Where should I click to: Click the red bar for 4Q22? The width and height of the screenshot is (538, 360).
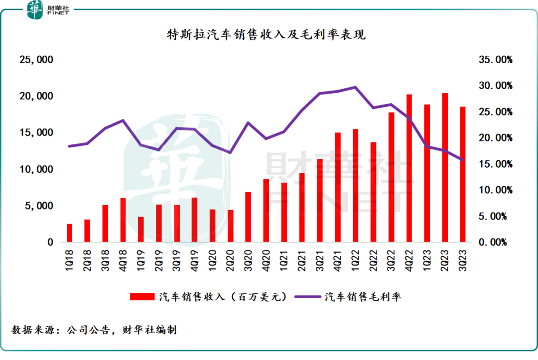[x=409, y=168]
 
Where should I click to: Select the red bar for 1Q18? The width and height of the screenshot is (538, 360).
[x=69, y=233]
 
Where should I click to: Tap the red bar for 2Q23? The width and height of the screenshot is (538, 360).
[x=445, y=168]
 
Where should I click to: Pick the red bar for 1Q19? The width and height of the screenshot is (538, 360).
[x=140, y=230]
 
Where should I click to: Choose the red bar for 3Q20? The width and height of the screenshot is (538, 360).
[x=248, y=217]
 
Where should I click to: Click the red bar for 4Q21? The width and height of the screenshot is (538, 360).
[x=338, y=187]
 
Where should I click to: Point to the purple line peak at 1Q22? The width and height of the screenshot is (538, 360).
[x=356, y=87]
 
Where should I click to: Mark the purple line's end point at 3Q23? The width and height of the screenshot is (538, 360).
[x=462, y=160]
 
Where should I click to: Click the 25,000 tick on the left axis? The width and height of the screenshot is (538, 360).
[x=36, y=60]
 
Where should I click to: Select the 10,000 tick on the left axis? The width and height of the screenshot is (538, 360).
[x=36, y=169]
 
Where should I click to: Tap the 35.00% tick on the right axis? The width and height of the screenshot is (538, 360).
[x=496, y=60]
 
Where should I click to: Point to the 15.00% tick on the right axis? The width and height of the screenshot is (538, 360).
[x=496, y=164]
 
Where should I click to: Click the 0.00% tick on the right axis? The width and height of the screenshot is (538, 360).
[x=493, y=242]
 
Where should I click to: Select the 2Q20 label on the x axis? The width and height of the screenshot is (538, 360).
[x=230, y=260]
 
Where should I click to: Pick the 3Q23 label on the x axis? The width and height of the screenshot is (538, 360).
[x=462, y=260]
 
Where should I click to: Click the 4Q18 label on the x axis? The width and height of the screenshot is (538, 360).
[x=123, y=260]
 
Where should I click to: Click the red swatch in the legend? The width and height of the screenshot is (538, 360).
[x=142, y=297]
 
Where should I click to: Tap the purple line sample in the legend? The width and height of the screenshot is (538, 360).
[x=308, y=297]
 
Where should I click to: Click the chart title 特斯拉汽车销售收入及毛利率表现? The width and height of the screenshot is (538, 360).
[x=266, y=34]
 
